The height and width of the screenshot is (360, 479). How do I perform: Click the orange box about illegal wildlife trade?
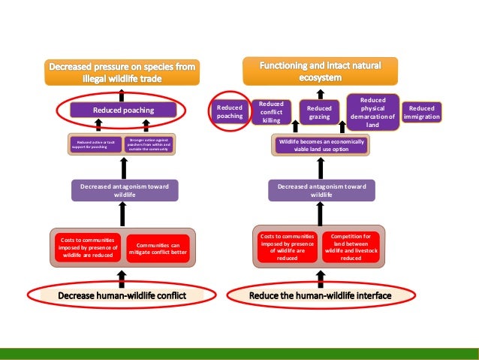coord(122,72)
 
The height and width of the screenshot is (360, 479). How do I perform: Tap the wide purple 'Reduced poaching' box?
coord(123,110)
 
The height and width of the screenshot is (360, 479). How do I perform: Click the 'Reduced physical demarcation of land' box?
coord(373,113)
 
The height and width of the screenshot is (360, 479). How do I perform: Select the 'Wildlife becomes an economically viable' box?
coord(321,145)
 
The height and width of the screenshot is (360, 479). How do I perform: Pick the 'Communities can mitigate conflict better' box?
coord(158,248)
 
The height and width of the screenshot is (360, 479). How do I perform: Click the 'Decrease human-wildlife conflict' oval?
coord(122,295)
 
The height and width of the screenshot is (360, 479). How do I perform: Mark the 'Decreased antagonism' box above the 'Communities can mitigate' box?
coord(125,189)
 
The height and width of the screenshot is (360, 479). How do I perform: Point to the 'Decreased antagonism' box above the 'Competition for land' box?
coord(321,190)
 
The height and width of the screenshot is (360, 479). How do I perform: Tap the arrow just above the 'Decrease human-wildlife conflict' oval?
coord(122,276)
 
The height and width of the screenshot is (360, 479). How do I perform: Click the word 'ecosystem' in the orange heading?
coord(321,77)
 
